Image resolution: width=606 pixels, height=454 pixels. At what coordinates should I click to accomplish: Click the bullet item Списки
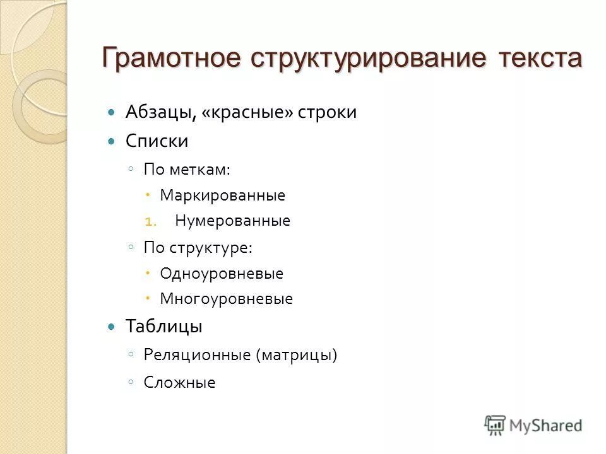pos(157,141)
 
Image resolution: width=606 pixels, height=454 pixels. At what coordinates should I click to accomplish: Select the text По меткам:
pos(186,169)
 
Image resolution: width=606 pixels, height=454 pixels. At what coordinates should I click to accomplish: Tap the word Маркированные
pos(222,195)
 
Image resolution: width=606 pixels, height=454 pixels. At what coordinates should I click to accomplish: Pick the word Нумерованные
pos(232,221)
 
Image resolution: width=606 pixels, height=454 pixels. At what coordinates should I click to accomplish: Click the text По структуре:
pos(198,247)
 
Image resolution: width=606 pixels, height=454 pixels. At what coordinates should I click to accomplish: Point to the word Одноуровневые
pos(222,274)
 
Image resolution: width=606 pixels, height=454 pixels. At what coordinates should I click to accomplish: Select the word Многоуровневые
pos(226,299)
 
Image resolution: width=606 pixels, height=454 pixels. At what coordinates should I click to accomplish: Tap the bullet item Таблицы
pos(163,327)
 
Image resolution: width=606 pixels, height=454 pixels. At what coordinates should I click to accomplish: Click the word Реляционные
pos(197,355)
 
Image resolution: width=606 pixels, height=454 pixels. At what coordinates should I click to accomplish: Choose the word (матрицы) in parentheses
pos(297,355)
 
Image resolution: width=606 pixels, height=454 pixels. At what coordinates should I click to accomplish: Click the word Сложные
pos(179,382)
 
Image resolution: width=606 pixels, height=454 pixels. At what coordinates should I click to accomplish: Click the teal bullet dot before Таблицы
pos(112,327)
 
